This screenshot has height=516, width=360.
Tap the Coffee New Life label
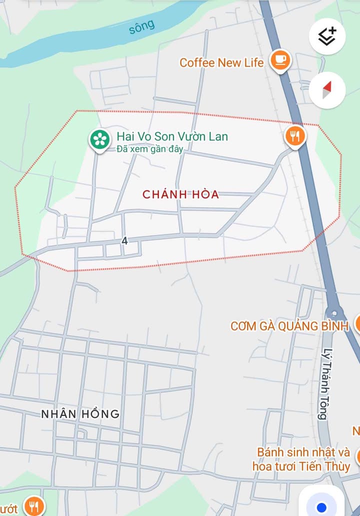click(x=221, y=63)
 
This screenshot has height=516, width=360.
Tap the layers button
click(x=327, y=36)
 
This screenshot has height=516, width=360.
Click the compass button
click(x=327, y=90)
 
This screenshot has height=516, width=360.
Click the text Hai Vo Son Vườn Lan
click(x=172, y=136)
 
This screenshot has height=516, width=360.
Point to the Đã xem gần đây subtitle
click(x=149, y=149)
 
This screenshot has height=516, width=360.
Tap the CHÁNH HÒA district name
click(x=181, y=194)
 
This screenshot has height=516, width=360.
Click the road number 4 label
click(x=124, y=241)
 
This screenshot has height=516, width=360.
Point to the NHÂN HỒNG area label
click(x=80, y=414)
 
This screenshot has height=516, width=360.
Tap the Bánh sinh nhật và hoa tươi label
click(x=303, y=452)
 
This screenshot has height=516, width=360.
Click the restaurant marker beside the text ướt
click(x=34, y=507)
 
